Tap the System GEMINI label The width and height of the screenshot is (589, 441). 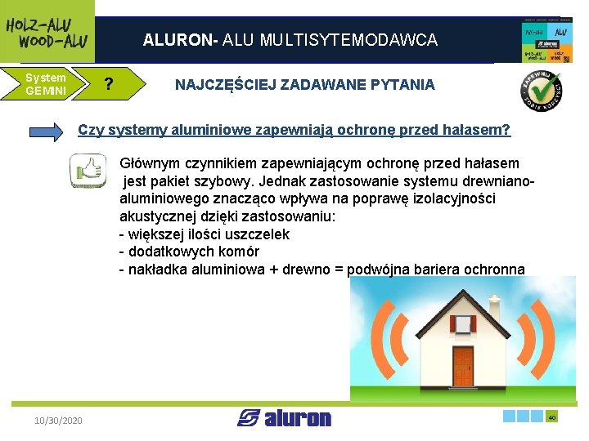(x=46, y=84)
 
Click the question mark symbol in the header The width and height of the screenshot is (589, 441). (x=108, y=85)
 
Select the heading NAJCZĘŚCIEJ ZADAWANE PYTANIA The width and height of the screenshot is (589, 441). (x=305, y=85)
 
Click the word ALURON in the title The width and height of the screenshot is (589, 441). (x=173, y=40)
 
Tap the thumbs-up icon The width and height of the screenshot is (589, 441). (x=88, y=170)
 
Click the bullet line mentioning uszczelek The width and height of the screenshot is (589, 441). (x=205, y=234)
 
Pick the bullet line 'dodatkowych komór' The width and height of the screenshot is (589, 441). (x=189, y=252)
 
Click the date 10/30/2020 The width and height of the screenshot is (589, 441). (x=58, y=420)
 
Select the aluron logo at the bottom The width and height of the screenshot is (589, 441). (x=285, y=418)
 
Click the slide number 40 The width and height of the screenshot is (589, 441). (x=552, y=417)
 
